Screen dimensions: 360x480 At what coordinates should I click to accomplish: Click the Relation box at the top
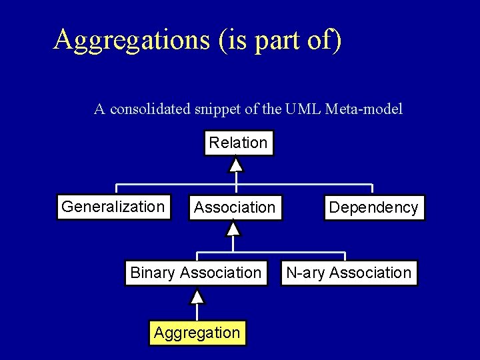tap(238, 142)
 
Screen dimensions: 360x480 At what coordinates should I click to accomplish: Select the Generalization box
tap(112, 207)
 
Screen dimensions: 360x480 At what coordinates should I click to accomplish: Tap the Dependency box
tap(373, 207)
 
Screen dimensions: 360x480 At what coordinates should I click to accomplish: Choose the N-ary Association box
tap(348, 273)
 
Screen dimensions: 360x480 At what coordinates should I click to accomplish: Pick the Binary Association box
tap(195, 273)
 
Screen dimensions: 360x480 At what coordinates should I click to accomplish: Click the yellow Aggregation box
tap(196, 332)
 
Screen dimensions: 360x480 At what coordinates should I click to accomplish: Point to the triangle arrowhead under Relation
tap(235, 163)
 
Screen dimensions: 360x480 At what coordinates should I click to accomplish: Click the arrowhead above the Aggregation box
tap(197, 297)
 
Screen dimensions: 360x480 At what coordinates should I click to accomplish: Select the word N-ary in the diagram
tap(305, 273)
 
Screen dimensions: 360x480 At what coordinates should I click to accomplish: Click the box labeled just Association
tap(234, 208)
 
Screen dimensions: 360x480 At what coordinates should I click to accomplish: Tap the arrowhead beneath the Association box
tap(233, 229)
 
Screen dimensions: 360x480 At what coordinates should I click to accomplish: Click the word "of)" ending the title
tap(326, 40)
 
